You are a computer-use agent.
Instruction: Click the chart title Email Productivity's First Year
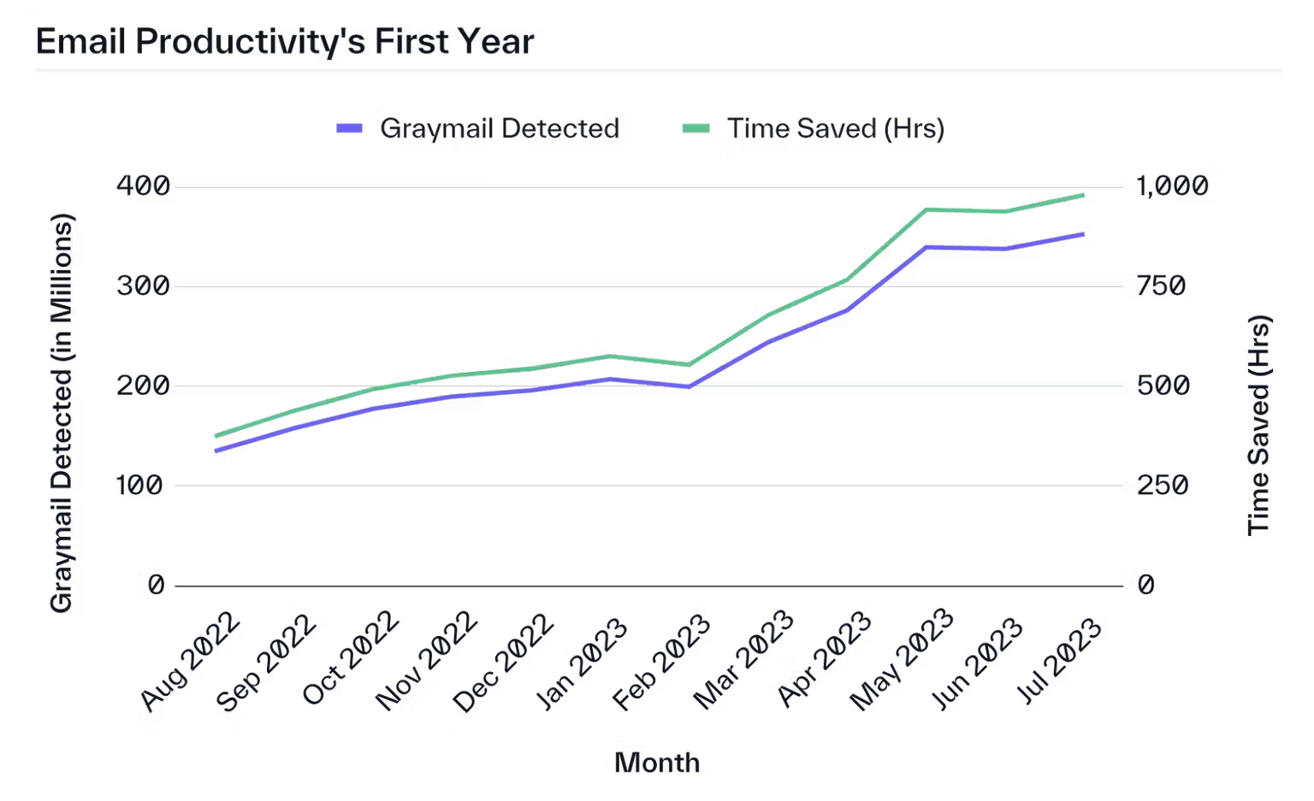[285, 42]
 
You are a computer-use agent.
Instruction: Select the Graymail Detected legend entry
[477, 128]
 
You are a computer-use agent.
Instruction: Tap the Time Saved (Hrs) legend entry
[814, 128]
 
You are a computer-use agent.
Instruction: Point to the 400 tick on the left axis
[143, 186]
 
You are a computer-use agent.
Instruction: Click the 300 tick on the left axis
[143, 286]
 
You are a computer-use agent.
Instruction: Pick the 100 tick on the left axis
[139, 486]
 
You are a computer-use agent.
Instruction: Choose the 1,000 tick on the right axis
[1173, 186]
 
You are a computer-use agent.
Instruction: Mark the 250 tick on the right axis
[1163, 486]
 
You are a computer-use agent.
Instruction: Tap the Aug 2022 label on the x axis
[190, 662]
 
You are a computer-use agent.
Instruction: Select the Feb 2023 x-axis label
[661, 663]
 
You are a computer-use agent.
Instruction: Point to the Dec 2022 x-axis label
[503, 663]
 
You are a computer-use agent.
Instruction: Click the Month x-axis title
[657, 763]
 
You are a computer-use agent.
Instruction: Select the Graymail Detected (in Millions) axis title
[61, 414]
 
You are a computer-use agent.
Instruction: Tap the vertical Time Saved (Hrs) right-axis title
[1258, 425]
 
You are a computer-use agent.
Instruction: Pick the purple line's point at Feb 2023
[690, 387]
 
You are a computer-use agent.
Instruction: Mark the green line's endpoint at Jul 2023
[1083, 195]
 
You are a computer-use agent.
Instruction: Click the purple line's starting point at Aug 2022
[216, 451]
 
